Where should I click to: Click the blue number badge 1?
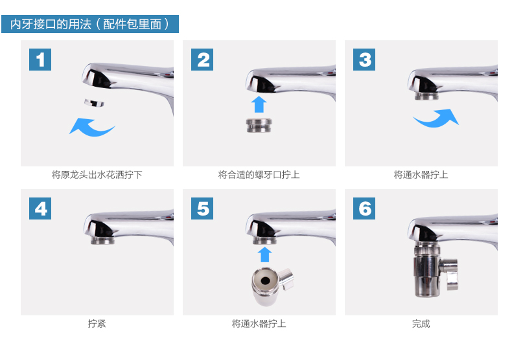[x=40, y=60]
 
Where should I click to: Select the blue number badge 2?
[x=202, y=60]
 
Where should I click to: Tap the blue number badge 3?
[x=364, y=60]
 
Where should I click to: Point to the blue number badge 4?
[x=40, y=208]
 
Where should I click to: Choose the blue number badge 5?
[x=202, y=208]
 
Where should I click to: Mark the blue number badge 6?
[x=364, y=208]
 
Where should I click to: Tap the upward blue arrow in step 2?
[x=259, y=104]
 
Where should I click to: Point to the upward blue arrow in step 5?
[x=264, y=254]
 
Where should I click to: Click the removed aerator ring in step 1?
[x=94, y=103]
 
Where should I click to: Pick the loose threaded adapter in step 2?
[x=259, y=125]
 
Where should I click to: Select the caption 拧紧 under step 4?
[x=97, y=324]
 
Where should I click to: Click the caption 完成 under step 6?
[x=421, y=324]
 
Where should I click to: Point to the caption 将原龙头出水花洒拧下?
[x=97, y=175]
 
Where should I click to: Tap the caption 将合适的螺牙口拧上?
[x=259, y=175]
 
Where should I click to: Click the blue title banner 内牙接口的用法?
[x=90, y=24]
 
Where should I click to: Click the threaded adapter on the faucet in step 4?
[x=102, y=241]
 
